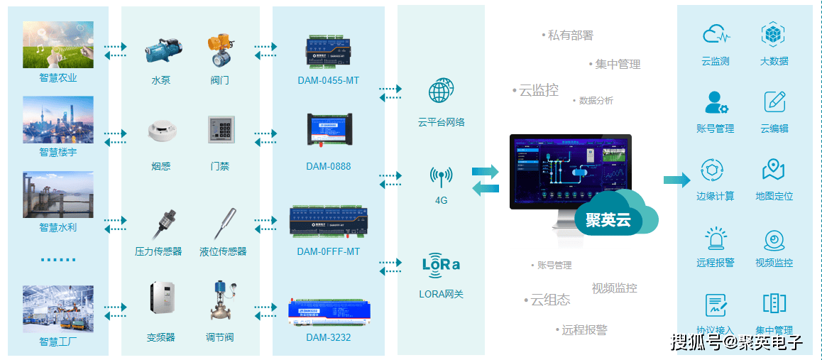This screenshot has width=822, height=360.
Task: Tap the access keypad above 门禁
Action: [x=220, y=131]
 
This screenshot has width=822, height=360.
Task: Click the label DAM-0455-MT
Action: [x=328, y=80]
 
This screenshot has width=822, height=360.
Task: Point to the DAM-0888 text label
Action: [x=328, y=167]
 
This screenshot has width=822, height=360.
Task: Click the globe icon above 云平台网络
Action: [x=441, y=92]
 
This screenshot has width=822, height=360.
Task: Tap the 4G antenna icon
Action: [x=441, y=176]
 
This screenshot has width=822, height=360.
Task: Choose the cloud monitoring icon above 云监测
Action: [x=715, y=34]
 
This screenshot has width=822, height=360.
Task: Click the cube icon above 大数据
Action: [x=773, y=34]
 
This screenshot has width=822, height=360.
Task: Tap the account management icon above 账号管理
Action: [x=716, y=102]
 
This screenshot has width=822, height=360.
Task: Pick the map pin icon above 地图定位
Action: [x=773, y=170]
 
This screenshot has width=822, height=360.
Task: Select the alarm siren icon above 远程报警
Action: [x=715, y=237]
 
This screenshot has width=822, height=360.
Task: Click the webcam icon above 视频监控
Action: [x=773, y=239]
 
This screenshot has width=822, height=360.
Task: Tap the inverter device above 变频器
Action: [x=161, y=298]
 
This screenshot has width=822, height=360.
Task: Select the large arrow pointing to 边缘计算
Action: [x=676, y=180]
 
